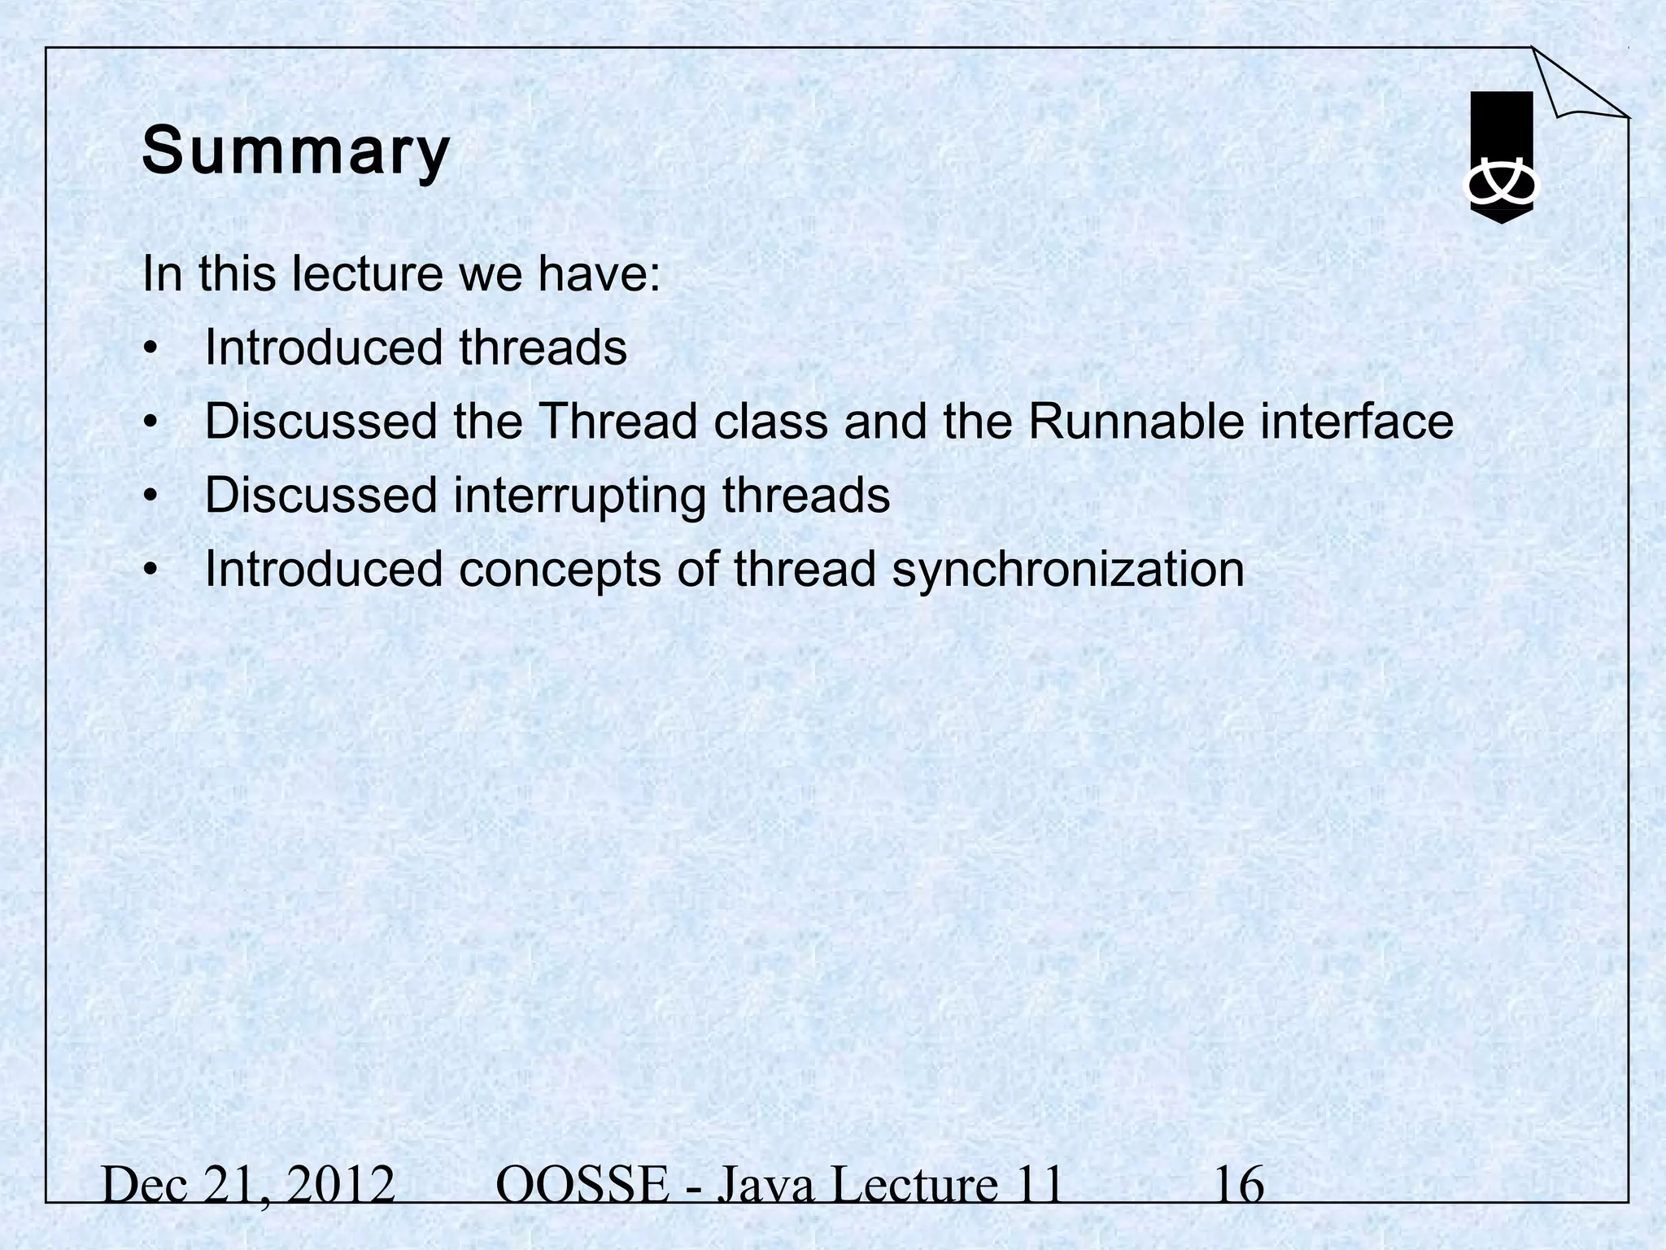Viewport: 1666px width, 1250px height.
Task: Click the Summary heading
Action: (295, 152)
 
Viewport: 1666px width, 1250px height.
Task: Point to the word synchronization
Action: (1068, 568)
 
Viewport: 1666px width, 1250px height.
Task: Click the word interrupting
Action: (579, 496)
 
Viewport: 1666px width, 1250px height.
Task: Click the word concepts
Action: (560, 570)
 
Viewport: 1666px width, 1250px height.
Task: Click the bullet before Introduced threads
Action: (149, 349)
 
